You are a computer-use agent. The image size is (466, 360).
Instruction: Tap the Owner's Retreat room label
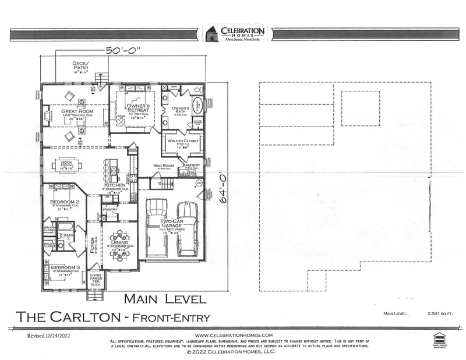(x=139, y=108)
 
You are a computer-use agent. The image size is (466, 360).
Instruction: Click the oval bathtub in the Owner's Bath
(x=197, y=105)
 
